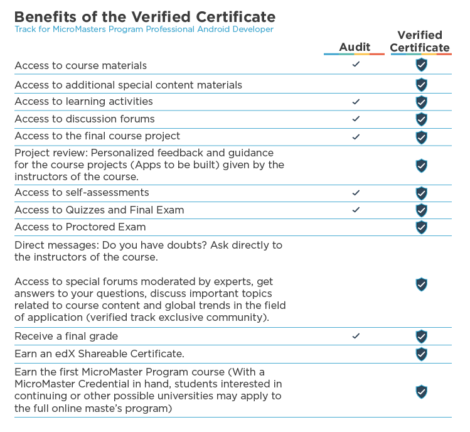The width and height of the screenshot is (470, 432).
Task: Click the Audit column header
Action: pyautogui.click(x=355, y=47)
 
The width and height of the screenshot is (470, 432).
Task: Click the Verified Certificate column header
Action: pyautogui.click(x=420, y=41)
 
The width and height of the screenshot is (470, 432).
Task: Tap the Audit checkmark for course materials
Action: pyautogui.click(x=356, y=64)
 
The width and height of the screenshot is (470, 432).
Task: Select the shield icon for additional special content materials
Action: pyautogui.click(x=422, y=85)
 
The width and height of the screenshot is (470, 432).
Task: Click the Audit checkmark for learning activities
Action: pyautogui.click(x=356, y=102)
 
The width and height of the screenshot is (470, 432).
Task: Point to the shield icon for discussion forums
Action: pyautogui.click(x=422, y=119)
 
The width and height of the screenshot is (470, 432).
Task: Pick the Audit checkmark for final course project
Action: pyautogui.click(x=356, y=137)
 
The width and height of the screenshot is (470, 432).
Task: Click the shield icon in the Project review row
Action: pyautogui.click(x=422, y=166)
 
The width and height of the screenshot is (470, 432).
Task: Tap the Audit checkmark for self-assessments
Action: pyautogui.click(x=356, y=193)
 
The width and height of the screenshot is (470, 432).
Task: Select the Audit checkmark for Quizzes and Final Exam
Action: pyautogui.click(x=356, y=210)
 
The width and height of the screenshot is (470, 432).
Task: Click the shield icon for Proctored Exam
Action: pyautogui.click(x=422, y=227)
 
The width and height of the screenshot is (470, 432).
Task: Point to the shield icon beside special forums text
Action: pyautogui.click(x=422, y=284)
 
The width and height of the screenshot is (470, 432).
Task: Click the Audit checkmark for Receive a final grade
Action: pyautogui.click(x=356, y=336)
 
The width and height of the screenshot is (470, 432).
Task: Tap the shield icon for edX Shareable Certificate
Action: pyautogui.click(x=422, y=354)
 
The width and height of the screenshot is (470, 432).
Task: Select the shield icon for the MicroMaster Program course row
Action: pyautogui.click(x=422, y=392)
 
